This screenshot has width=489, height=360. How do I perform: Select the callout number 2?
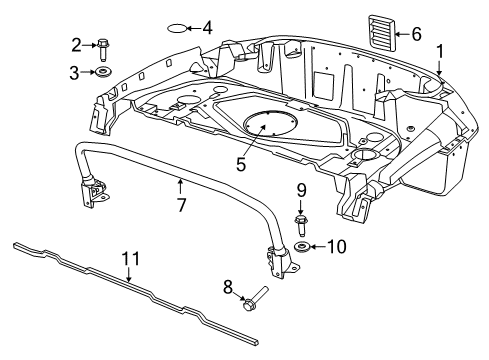76,44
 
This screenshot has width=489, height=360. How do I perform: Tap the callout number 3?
76,72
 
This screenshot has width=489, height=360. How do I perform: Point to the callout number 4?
207,28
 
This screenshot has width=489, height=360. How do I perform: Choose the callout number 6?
416,35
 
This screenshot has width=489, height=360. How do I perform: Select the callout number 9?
300,190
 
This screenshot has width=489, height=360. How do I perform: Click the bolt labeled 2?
104,46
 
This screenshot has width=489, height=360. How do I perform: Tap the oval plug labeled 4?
177,28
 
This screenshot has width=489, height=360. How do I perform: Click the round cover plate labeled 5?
269,127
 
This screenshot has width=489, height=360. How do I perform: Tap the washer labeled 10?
303,246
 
